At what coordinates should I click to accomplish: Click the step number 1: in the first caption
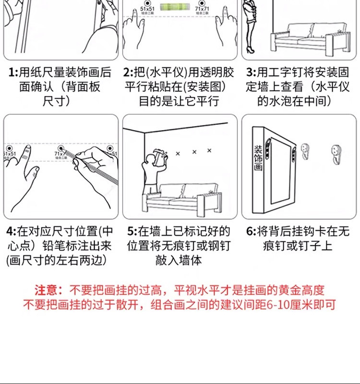(x=13, y=73)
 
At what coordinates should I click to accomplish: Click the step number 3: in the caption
(x=251, y=73)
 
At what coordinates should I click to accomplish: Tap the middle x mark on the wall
(x=194, y=153)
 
